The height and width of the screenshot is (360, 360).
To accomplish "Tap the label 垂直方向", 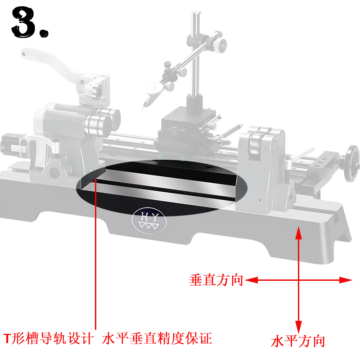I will (x=216, y=280).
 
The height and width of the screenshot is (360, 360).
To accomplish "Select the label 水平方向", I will (x=297, y=341).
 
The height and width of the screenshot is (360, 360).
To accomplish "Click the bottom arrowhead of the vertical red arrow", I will (x=298, y=328).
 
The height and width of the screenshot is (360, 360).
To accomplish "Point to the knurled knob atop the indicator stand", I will (x=220, y=45).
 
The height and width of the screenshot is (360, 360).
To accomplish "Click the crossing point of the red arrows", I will (x=298, y=280).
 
